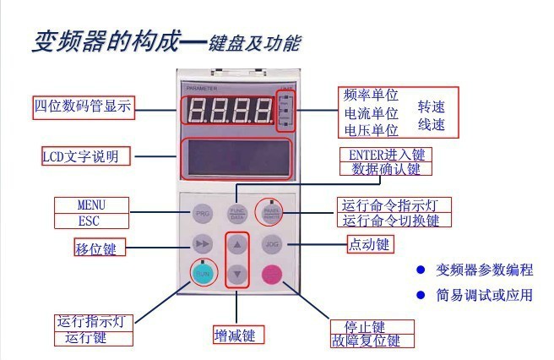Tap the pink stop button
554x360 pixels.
(272, 274)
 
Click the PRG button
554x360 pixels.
(203, 213)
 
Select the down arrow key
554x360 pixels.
(238, 273)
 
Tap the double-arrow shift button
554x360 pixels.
(203, 245)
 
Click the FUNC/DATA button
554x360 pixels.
(237, 213)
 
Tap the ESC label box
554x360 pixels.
(91, 221)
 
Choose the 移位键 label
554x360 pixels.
(95, 248)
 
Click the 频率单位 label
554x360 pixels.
(371, 95)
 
